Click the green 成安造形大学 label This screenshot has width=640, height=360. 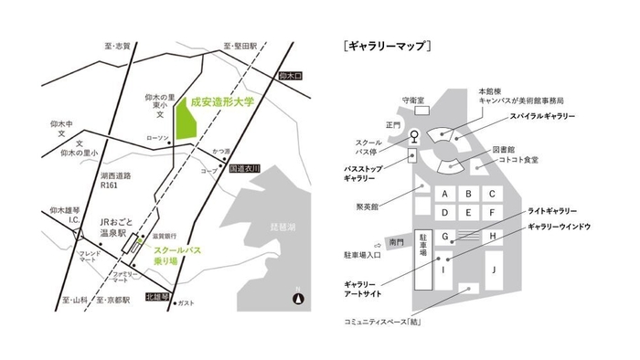point(229,105)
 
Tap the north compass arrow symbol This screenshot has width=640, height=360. point(297,297)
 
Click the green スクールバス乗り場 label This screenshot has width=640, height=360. point(176,254)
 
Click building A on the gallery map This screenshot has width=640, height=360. point(444,194)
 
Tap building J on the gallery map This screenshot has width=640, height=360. point(492,270)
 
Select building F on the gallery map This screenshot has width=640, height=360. point(492,213)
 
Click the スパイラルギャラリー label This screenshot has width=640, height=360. point(541,117)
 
